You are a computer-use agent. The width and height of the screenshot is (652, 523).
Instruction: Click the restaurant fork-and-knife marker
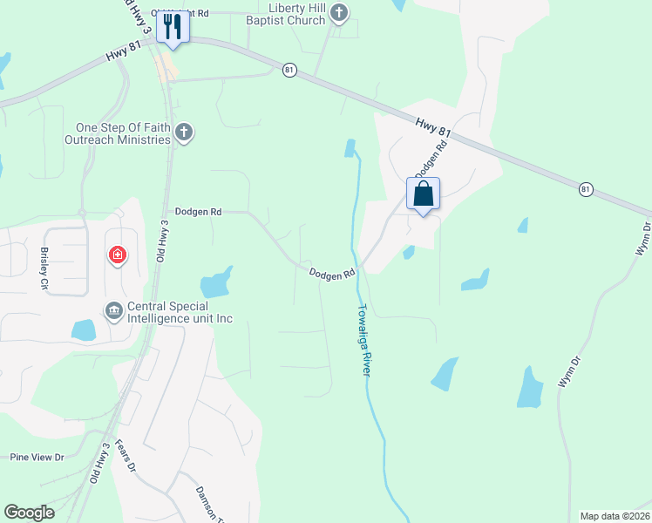pyautogui.click(x=172, y=27)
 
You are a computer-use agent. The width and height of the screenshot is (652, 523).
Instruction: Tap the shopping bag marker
pyautogui.click(x=423, y=194)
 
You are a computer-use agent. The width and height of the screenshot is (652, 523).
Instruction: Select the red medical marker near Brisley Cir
pyautogui.click(x=117, y=255)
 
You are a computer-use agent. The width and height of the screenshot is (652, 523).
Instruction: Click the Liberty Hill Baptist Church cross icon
pyautogui.click(x=340, y=13)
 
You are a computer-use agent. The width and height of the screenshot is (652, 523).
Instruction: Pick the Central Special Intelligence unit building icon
pyautogui.click(x=114, y=311)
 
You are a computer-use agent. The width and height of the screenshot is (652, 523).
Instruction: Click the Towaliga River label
pyautogui.click(x=365, y=340)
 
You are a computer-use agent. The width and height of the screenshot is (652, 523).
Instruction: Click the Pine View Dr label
pyautogui.click(x=37, y=457)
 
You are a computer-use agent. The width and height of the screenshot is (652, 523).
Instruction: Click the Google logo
pyautogui.click(x=29, y=513)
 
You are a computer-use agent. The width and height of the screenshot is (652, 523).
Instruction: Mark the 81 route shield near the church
pyautogui.click(x=289, y=70)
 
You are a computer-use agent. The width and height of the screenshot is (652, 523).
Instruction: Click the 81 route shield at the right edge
pyautogui.click(x=585, y=188)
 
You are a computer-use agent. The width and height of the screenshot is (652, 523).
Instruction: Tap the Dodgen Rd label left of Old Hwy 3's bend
pyautogui.click(x=198, y=211)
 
